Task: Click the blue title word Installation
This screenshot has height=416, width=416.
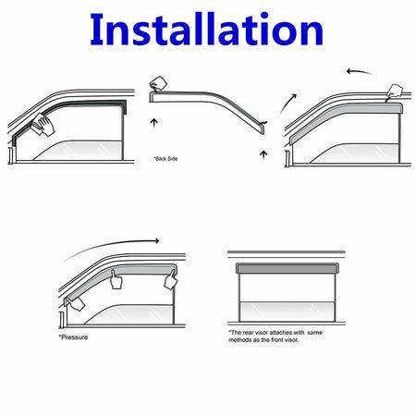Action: point(206,30)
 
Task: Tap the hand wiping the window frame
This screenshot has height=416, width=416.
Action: point(43,125)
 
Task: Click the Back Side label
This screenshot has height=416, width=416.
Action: point(166,159)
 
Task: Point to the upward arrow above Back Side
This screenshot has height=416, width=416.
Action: point(154,123)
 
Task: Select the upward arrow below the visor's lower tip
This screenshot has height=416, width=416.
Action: point(263,155)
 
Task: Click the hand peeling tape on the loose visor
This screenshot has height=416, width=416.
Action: point(158,83)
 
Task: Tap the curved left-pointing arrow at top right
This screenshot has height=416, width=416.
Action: point(360,72)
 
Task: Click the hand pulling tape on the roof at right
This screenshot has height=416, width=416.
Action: point(395,92)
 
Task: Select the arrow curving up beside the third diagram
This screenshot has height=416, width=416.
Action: point(288,104)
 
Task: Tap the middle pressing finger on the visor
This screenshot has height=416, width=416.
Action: point(116,280)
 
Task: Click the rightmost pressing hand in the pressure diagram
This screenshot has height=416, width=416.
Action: point(171,279)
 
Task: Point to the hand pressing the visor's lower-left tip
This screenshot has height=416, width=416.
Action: point(74,303)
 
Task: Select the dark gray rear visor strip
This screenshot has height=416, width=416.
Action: point(288,268)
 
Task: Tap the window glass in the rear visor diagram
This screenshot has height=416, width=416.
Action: point(288,312)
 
